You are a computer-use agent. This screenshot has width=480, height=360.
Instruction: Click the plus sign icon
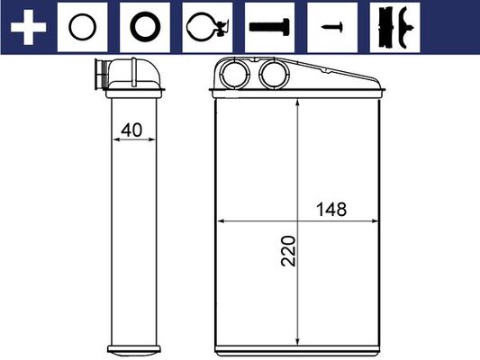28,28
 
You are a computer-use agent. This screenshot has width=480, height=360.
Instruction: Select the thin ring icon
83,28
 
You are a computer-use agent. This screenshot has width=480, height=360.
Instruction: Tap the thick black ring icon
145,28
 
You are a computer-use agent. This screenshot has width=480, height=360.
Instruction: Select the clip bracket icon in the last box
394,28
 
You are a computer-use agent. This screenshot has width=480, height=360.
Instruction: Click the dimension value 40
131,130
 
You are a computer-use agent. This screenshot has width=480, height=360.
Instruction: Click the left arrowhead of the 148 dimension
219,220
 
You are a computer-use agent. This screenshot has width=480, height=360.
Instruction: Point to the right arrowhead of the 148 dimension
376,220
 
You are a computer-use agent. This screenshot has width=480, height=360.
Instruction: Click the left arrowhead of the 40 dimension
112,139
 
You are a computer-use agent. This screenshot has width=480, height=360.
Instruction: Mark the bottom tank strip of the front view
298,346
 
